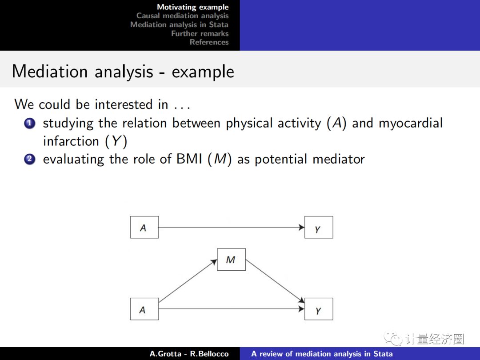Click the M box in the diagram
coord(231,260)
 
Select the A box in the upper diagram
coord(144,228)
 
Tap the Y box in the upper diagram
coord(318,228)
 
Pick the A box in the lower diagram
coord(144,309)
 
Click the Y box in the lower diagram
coord(318,309)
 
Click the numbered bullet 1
coord(30,123)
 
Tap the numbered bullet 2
coord(30,159)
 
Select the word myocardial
coord(410,123)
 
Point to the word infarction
coord(71,141)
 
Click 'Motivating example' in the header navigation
coord(192,7)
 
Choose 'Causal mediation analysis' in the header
coord(182,16)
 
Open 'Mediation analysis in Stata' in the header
coord(179,25)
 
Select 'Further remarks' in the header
coord(200,34)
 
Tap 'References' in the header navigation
coord(209,42)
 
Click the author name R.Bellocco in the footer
coord(209,354)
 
